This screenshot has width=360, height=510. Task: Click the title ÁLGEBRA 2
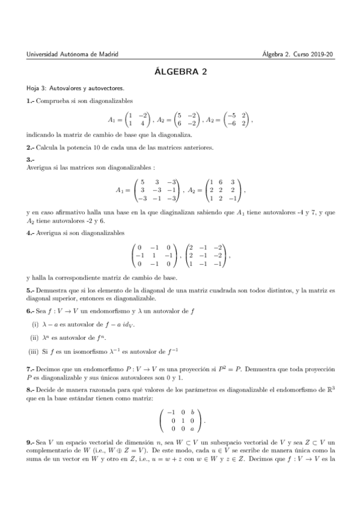click(x=180, y=72)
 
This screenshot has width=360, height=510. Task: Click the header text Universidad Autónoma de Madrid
click(x=73, y=54)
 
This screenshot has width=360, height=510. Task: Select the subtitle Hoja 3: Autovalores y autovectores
click(x=75, y=88)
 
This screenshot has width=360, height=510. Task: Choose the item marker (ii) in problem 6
click(x=34, y=337)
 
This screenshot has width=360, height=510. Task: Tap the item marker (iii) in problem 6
click(x=34, y=350)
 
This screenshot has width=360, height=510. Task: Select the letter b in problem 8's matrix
click(x=193, y=413)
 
